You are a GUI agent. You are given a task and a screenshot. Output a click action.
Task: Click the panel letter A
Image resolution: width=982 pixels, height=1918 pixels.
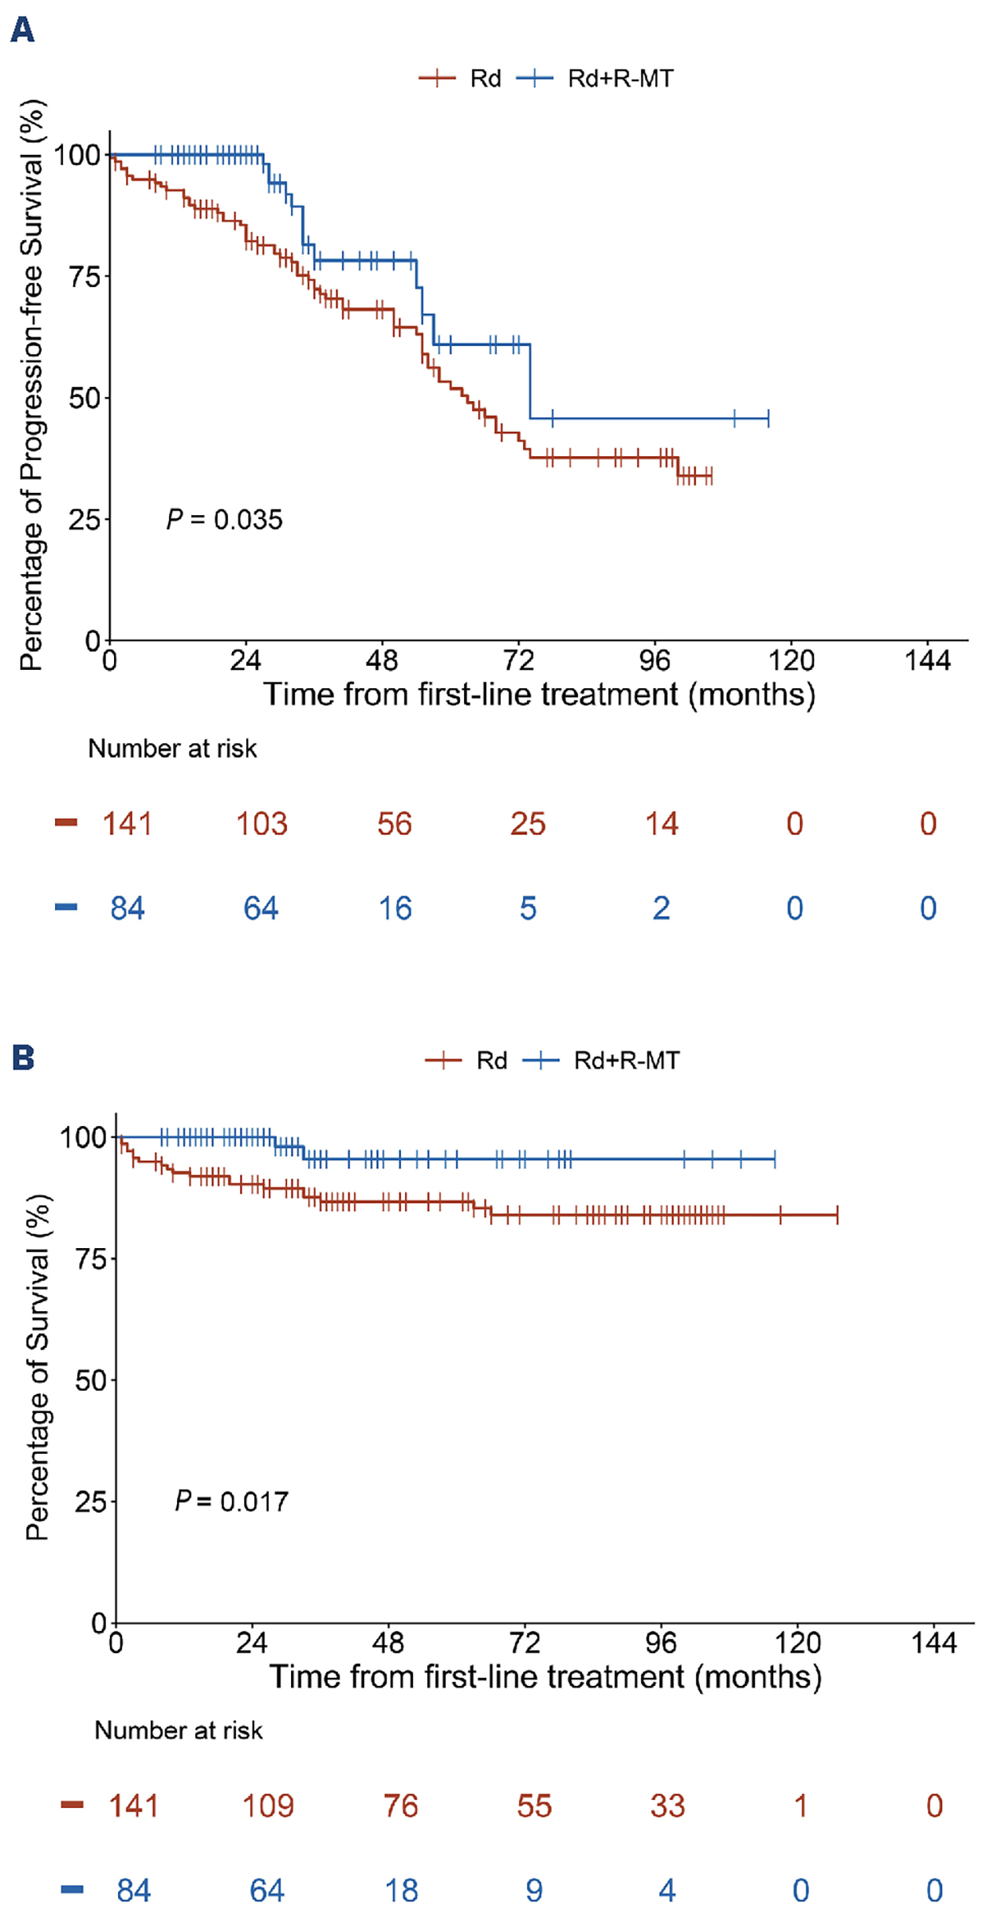point(22,30)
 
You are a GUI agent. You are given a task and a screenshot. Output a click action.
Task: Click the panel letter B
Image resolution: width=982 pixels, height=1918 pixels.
point(23,1057)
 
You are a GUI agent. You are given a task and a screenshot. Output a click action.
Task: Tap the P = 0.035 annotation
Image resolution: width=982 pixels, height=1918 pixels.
point(225,519)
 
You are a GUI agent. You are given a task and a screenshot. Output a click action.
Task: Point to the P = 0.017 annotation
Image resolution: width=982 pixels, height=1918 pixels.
point(231,1502)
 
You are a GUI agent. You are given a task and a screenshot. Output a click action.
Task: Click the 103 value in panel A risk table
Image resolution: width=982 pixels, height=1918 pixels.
point(261,824)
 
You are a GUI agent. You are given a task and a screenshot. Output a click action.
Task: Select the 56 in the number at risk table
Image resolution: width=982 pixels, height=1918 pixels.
point(395,824)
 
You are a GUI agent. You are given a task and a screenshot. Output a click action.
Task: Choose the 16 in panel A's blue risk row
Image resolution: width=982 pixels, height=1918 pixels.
point(395,908)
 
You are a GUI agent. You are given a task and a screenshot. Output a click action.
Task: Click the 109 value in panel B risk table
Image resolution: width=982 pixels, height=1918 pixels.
point(268,1806)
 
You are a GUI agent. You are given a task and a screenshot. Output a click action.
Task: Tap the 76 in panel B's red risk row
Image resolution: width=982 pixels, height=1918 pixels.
point(401,1806)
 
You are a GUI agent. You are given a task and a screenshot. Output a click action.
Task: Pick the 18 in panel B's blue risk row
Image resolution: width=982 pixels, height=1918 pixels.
point(401,1891)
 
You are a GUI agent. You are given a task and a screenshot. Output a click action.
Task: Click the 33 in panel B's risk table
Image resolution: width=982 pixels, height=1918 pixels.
point(667,1806)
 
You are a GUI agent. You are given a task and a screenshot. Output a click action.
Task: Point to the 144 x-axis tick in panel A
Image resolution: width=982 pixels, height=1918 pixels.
point(928,660)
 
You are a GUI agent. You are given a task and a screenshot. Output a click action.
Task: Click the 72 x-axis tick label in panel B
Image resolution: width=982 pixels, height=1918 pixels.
point(524,1643)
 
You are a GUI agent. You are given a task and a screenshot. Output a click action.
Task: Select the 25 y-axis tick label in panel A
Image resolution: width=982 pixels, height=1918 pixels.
point(84,520)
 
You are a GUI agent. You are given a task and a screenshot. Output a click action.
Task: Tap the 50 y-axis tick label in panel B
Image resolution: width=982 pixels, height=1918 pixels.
point(90,1380)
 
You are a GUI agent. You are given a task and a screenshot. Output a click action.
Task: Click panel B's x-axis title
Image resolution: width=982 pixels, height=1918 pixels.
point(545,1676)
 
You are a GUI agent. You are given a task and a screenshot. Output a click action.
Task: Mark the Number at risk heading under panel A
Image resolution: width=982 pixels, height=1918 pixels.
point(172,748)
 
